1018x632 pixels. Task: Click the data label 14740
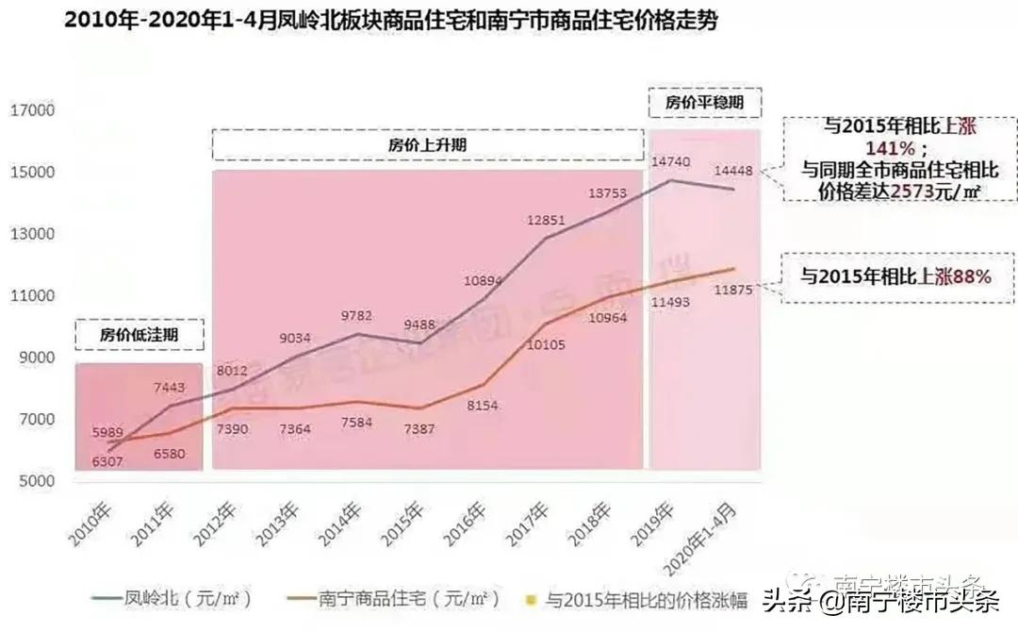click(669, 162)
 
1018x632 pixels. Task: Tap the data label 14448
click(732, 171)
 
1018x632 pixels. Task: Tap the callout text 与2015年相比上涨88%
click(895, 276)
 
